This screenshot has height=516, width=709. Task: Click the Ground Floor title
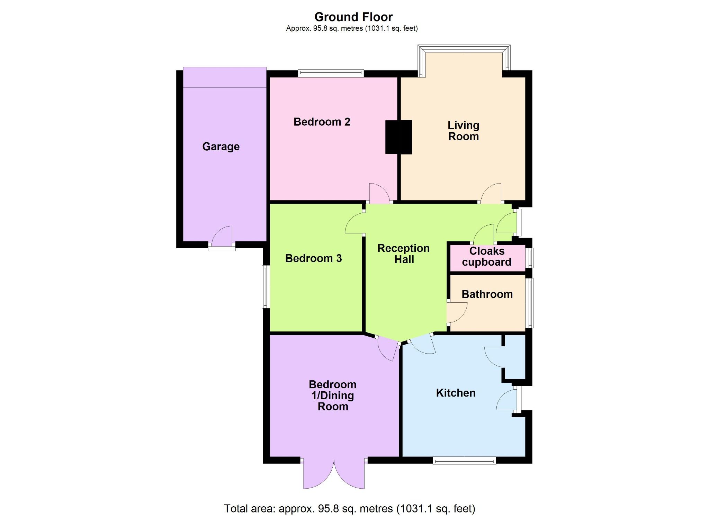[x=353, y=17]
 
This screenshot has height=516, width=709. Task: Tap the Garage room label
[x=221, y=146]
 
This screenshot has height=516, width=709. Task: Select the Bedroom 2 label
[x=322, y=122]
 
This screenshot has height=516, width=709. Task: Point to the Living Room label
[x=463, y=131]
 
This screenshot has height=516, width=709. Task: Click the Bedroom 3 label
[x=313, y=258]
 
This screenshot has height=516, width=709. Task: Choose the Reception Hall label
[x=404, y=254]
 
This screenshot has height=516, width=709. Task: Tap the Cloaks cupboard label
[x=486, y=257]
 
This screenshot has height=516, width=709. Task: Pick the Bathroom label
[x=487, y=294]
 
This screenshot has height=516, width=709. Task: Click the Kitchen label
[x=456, y=393]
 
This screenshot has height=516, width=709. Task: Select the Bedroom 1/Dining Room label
[x=333, y=395]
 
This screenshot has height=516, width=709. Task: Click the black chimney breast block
[x=399, y=137]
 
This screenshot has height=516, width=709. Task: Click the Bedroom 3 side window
[x=266, y=286]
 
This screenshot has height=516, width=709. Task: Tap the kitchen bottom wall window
[x=464, y=460]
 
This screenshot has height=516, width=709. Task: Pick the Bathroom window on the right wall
[x=530, y=303]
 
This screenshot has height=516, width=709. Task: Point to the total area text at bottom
[x=350, y=508]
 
